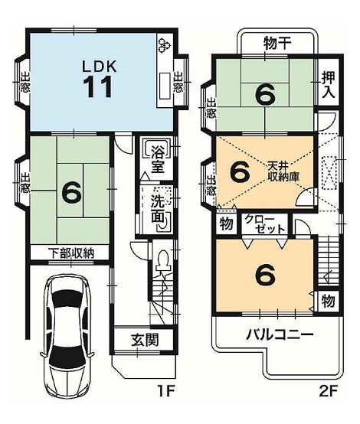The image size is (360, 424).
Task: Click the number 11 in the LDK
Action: (x=99, y=86)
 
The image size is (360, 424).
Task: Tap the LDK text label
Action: (x=100, y=67)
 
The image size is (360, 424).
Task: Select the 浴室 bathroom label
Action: (x=158, y=160)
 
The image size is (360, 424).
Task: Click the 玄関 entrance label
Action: (x=145, y=340)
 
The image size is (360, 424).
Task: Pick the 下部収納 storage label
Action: (x=71, y=253)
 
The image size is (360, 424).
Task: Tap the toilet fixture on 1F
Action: (x=163, y=260)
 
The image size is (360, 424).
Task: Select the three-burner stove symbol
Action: (x=165, y=44)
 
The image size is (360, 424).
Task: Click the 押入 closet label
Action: (x=329, y=86)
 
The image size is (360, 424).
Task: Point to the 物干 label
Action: (x=273, y=44)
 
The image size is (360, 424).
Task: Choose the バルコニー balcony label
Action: (x=280, y=335)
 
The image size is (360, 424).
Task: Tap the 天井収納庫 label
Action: (x=283, y=171)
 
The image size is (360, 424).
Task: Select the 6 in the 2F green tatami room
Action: (x=266, y=95)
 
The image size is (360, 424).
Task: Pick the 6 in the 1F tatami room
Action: (x=72, y=192)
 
